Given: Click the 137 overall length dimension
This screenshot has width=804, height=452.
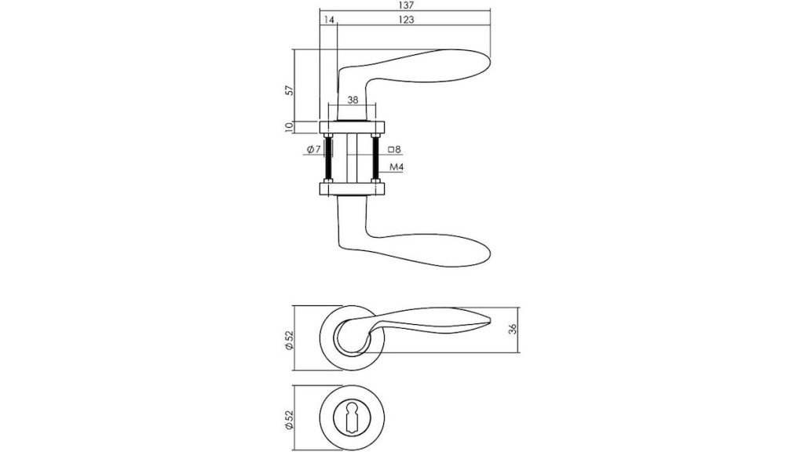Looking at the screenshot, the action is (x=406, y=5).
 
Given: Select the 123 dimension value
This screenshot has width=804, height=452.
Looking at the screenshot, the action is (x=406, y=20).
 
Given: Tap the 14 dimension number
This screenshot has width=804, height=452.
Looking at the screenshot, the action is (x=329, y=20).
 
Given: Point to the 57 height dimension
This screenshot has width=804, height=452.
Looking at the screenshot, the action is (x=291, y=89).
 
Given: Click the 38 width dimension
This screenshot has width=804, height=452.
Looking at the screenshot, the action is (x=353, y=100).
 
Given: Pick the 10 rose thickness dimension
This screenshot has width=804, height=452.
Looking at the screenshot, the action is (x=289, y=126).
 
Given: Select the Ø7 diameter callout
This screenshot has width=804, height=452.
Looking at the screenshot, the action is (x=313, y=150).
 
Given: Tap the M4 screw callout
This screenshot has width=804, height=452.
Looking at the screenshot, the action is (x=397, y=167).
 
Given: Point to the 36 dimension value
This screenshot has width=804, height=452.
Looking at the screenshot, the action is (x=512, y=330).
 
